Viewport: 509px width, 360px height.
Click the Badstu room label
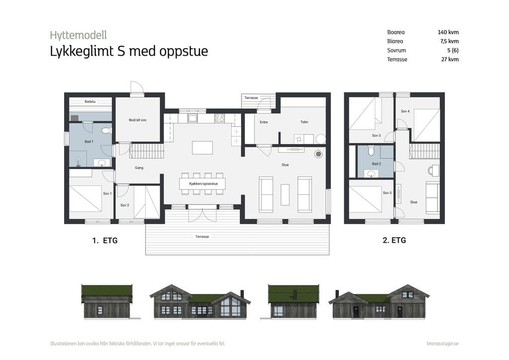[90, 101]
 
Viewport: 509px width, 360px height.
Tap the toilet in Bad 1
[106, 130]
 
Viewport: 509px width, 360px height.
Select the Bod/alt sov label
[138, 120]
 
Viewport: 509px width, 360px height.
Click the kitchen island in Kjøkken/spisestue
[202, 148]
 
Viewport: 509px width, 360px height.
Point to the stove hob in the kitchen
[219, 118]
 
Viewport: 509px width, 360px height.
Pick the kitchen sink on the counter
[192, 118]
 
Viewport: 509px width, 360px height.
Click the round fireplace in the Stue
[319, 154]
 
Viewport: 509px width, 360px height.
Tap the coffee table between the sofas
[285, 195]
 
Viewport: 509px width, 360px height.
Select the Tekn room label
[304, 122]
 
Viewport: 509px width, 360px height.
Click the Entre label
[264, 122]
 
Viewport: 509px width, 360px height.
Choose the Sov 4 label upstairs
[405, 111]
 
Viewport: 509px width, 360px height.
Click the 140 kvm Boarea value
[448, 32]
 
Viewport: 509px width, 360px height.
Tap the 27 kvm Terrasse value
[450, 59]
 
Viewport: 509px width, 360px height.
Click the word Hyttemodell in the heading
[78, 35]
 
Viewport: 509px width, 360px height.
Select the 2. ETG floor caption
[394, 240]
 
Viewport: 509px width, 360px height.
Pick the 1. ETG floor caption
[105, 241]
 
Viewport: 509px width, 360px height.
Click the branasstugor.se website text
[443, 344]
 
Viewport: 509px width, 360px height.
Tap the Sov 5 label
[387, 193]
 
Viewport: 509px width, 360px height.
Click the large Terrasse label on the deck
[202, 237]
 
